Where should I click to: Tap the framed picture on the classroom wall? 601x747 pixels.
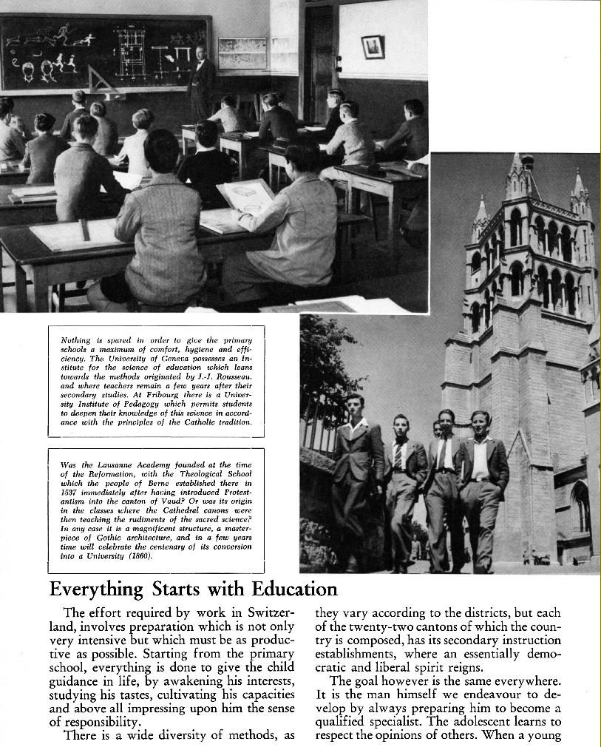[373, 47]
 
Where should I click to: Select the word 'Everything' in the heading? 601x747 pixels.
[95, 589]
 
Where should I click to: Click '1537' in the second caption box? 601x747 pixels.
[68, 492]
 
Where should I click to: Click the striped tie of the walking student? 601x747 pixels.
[398, 456]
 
